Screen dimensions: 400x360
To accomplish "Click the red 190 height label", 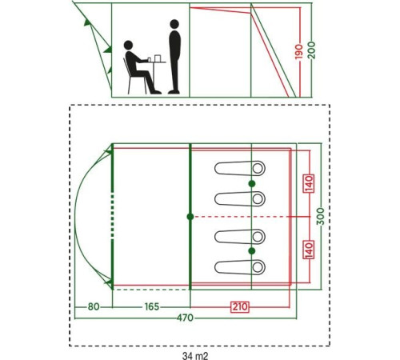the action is click(x=299, y=52).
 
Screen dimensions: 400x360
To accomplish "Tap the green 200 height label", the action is click(x=311, y=50).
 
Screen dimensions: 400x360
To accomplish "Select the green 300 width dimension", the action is click(x=322, y=216).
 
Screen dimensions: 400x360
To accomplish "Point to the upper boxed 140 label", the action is click(x=308, y=183).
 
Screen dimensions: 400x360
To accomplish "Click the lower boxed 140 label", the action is click(x=308, y=250).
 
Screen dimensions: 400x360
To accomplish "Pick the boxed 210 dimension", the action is click(x=240, y=306).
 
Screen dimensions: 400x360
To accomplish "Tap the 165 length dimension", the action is click(x=152, y=306).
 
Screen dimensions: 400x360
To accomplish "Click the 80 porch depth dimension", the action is click(x=94, y=306).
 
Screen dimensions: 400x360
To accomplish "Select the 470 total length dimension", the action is click(x=185, y=318).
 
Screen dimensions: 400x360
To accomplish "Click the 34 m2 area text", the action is click(x=195, y=356).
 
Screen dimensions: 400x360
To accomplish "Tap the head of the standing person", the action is click(x=174, y=24).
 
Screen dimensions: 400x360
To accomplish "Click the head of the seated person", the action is click(x=128, y=45).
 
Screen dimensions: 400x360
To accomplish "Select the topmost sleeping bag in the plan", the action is click(x=240, y=168).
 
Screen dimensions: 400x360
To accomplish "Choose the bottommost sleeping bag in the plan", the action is click(x=240, y=267).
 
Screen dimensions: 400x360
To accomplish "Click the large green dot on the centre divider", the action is click(x=190, y=217).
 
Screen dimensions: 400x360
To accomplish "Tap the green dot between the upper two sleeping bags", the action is click(x=252, y=184).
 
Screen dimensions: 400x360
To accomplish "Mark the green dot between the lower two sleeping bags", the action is click(x=252, y=251).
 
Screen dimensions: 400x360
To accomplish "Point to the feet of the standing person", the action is click(x=174, y=92).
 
